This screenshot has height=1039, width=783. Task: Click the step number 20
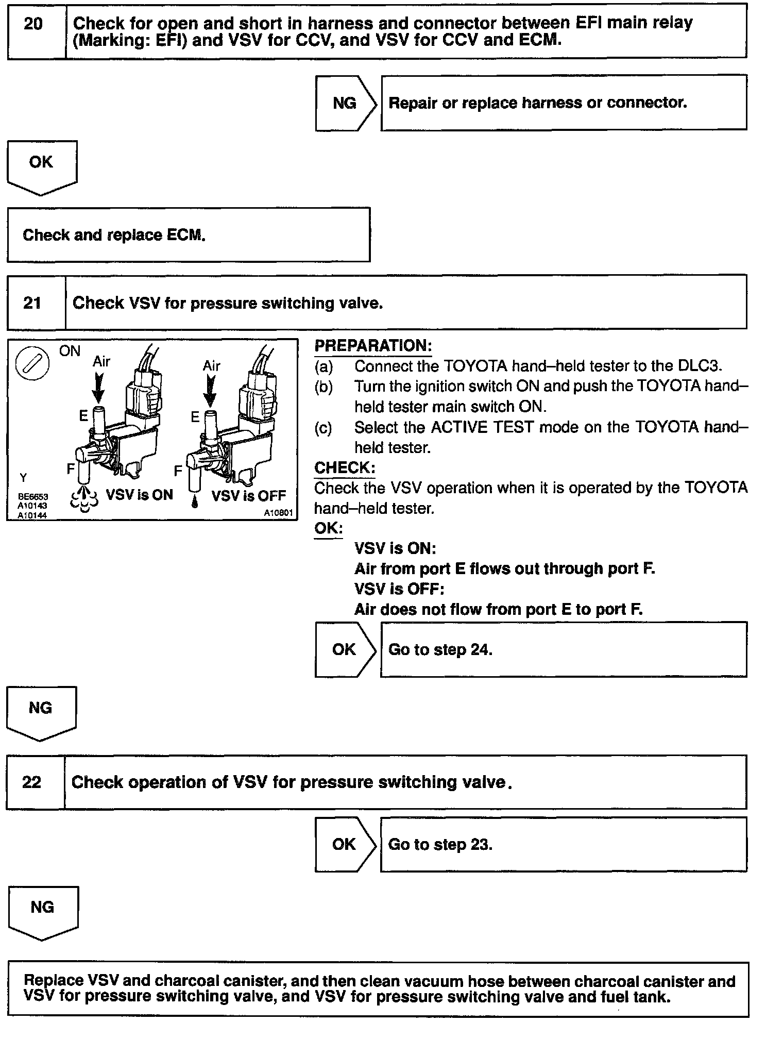pyautogui.click(x=33, y=24)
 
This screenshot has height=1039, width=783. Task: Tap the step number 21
pyautogui.click(x=32, y=303)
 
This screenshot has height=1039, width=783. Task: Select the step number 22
pyautogui.click(x=31, y=782)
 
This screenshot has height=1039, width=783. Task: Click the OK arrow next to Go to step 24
pyautogui.click(x=344, y=649)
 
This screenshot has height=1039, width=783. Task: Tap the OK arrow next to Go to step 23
pyautogui.click(x=344, y=844)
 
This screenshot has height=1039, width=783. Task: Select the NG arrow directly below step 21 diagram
pyautogui.click(x=40, y=710)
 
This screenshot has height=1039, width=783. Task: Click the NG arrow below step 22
pyautogui.click(x=42, y=910)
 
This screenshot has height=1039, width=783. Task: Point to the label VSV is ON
pyautogui.click(x=139, y=495)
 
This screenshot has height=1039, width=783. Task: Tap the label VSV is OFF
pyautogui.click(x=248, y=496)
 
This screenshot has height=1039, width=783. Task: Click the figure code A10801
pyautogui.click(x=278, y=513)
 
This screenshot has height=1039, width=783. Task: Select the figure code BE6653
pyautogui.click(x=33, y=497)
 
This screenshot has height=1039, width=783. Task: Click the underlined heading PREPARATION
pyautogui.click(x=373, y=345)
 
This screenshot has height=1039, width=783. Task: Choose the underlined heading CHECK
pyautogui.click(x=344, y=468)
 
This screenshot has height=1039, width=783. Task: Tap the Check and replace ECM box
pyautogui.click(x=189, y=235)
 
